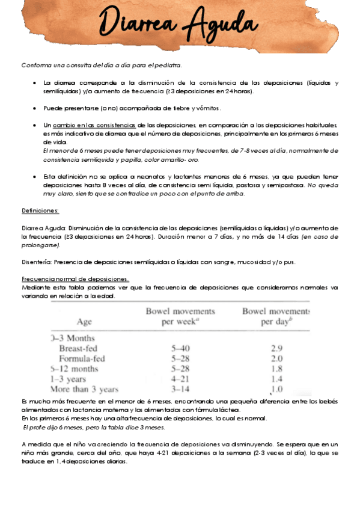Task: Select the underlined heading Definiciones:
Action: [40, 211]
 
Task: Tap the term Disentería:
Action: [36, 262]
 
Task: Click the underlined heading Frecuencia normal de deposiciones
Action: [75, 279]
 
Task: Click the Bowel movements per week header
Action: [180, 316]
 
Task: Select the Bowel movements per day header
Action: [275, 316]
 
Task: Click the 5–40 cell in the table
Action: [181, 348]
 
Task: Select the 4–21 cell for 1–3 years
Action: [181, 379]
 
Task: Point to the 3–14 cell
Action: [181, 389]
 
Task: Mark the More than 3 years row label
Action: [85, 389]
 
